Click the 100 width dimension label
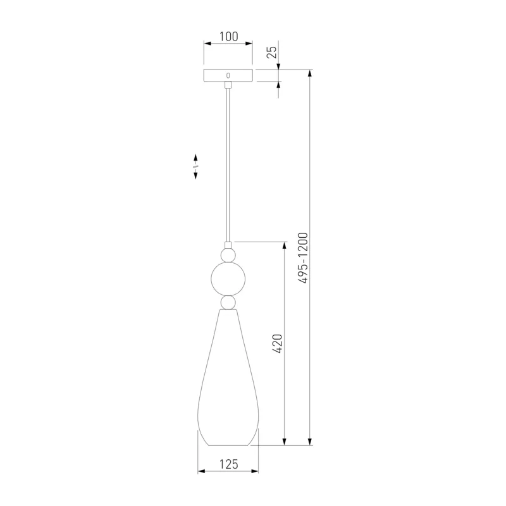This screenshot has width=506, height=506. click(x=229, y=37)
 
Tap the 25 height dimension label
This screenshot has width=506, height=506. click(x=273, y=52)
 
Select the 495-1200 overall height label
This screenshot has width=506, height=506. click(x=303, y=258)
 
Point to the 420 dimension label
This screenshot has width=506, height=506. click(x=277, y=343)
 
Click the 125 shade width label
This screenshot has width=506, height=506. click(x=229, y=464)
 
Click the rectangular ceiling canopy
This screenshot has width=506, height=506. click(x=228, y=75)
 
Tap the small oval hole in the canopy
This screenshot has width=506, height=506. click(x=228, y=75)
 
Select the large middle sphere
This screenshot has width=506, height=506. click(x=228, y=279)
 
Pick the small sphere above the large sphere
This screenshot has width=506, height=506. click(x=228, y=255)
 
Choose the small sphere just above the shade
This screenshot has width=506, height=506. click(x=228, y=303)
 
